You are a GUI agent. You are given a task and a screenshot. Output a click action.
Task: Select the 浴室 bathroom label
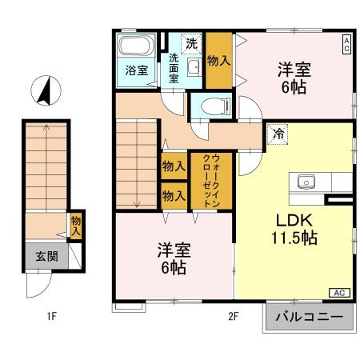(136, 70)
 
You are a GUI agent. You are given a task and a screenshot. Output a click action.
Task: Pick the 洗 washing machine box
(190, 43)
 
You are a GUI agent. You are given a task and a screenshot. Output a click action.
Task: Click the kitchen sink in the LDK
(308, 181)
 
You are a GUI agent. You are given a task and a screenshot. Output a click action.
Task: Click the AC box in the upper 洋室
(346, 44)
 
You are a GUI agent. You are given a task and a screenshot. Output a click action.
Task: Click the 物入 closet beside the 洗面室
(218, 60)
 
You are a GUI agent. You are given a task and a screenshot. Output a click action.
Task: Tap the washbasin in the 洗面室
(192, 69)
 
